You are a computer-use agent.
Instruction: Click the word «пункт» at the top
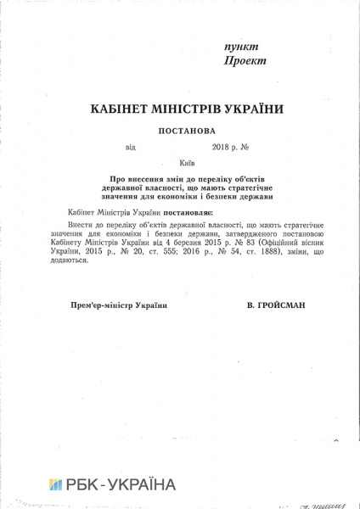tap(241, 47)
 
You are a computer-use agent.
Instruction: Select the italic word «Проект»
tap(245, 61)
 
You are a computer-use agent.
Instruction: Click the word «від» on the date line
tap(130, 147)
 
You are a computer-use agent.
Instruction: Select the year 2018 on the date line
tap(209, 147)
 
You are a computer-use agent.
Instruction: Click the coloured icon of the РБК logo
tap(55, 485)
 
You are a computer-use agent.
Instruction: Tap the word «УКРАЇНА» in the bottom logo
tap(141, 485)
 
